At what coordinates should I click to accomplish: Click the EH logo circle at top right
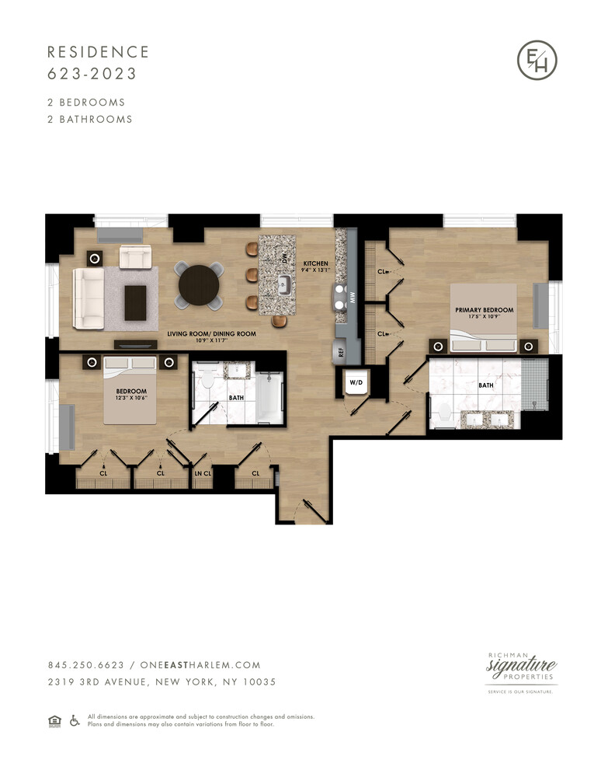(x=537, y=61)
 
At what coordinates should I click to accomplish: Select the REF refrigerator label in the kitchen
(x=340, y=351)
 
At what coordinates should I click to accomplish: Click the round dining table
(x=200, y=286)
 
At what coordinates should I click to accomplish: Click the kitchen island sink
(x=285, y=285)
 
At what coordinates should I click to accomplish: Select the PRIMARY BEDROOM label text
(x=485, y=310)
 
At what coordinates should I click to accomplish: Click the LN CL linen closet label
(x=202, y=472)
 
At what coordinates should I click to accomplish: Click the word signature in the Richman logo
(x=521, y=667)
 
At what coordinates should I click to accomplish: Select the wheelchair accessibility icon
(x=75, y=720)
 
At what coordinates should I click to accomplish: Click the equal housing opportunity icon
(x=54, y=720)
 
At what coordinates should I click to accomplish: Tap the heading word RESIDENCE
(x=98, y=52)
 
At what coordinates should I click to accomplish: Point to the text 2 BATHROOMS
(x=90, y=120)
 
